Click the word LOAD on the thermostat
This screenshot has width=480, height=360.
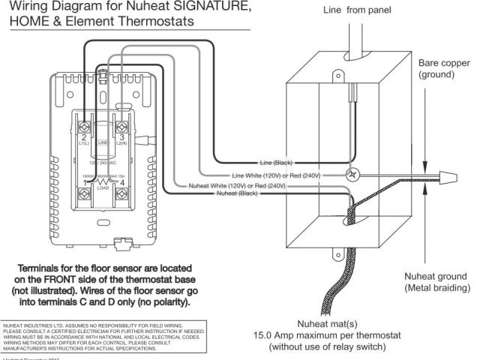tap(104, 189)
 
